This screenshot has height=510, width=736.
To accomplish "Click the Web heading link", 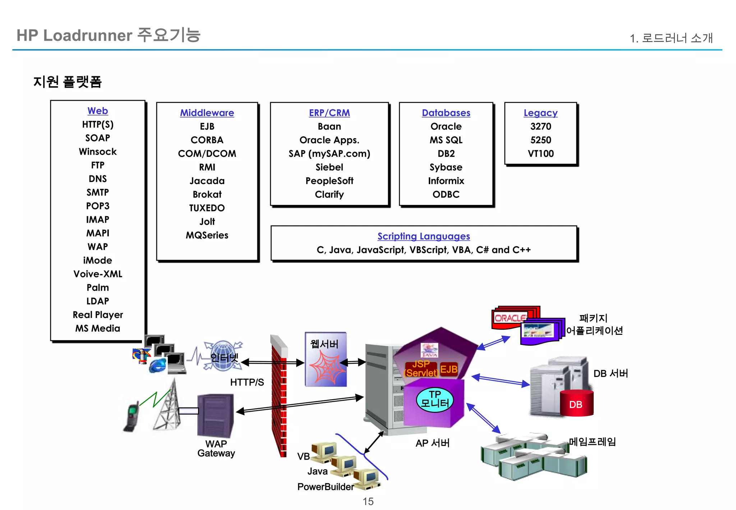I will (x=97, y=111).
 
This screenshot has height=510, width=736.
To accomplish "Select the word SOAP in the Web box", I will (x=97, y=138).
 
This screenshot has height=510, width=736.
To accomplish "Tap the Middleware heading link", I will (x=207, y=113).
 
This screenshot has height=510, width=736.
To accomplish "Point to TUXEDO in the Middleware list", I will (x=207, y=208).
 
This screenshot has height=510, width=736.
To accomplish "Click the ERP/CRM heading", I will (x=329, y=113).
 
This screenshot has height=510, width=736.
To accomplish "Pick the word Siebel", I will (x=329, y=167).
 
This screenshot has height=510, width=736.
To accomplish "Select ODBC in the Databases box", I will (x=446, y=195).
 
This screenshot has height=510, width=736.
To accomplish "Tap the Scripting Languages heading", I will (x=423, y=236).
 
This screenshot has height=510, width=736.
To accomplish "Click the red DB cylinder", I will (x=576, y=404).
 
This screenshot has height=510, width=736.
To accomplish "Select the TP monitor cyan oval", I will (x=434, y=399).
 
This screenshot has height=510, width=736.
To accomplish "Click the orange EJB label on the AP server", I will (x=448, y=369).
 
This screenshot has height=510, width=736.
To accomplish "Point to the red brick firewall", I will (x=279, y=396).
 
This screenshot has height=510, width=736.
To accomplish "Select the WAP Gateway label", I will (x=216, y=448).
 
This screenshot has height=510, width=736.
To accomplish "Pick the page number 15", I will (x=368, y=501).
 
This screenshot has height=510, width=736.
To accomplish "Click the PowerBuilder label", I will (x=325, y=487).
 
